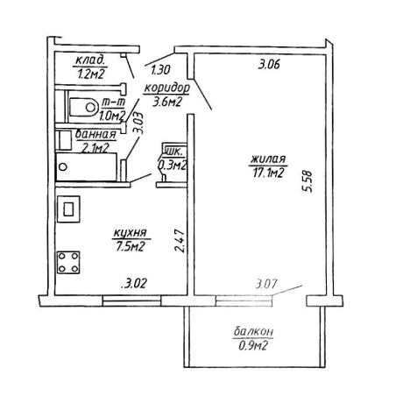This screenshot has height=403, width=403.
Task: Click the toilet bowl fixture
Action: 83,107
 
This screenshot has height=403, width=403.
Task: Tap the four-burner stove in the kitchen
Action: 68,262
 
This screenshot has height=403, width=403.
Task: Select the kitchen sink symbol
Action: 68,209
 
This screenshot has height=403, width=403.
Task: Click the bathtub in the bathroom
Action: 87,166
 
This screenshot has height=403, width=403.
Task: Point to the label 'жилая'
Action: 268,159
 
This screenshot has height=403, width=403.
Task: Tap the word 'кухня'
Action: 130,233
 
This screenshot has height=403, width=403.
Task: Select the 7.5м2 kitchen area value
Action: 130,247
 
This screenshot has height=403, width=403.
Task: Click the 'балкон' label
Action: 253,331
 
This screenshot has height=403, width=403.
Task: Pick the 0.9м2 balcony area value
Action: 253,346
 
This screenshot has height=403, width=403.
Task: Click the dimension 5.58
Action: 308,181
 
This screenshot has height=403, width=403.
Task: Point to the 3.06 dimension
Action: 269,64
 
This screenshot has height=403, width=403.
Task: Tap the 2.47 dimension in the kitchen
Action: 180,241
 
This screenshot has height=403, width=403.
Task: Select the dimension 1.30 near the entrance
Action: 160,70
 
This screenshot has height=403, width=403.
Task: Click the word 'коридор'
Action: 166,88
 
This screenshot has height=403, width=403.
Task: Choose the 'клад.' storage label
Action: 90,60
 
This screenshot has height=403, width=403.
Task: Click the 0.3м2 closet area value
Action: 172,166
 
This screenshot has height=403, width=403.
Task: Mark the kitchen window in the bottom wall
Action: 132,300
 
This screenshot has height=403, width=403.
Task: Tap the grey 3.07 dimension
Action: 266,284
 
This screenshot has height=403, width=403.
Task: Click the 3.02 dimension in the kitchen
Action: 133,284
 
